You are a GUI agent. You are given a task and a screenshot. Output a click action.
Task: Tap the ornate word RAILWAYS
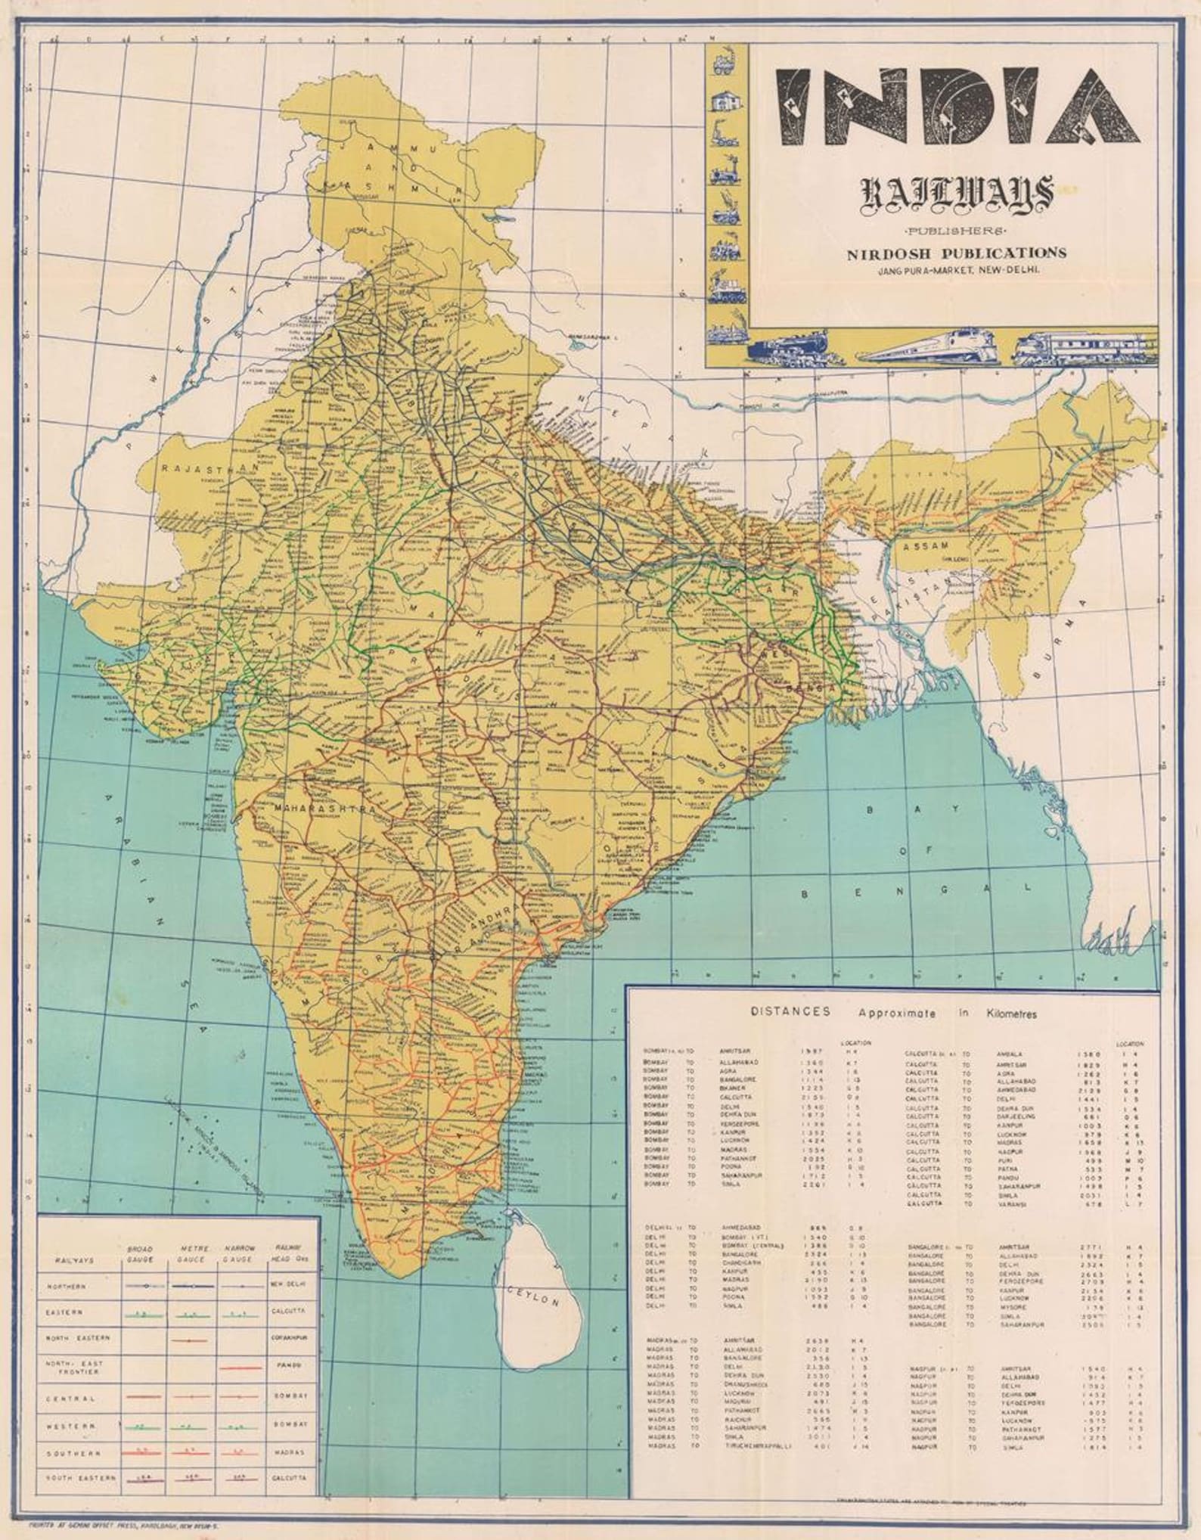(x=958, y=196)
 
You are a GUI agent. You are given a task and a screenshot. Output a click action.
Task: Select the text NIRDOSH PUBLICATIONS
(x=957, y=253)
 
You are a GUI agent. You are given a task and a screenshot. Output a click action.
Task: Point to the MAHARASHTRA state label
(x=325, y=809)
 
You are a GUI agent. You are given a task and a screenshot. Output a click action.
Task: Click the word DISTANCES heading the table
(x=790, y=1012)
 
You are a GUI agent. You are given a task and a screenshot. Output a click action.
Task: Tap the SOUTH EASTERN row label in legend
(x=71, y=1476)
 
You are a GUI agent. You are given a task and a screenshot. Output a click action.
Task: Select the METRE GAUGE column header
(x=193, y=1253)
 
